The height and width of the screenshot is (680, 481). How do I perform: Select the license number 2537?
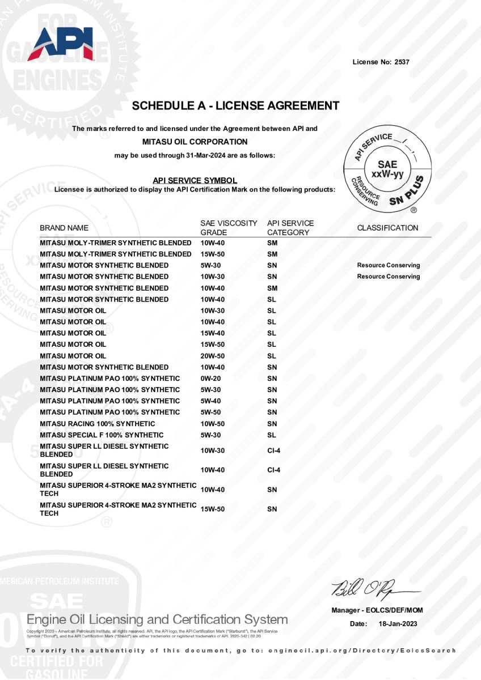pyautogui.click(x=401, y=62)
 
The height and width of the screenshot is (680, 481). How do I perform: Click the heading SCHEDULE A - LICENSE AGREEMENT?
pyautogui.click(x=235, y=106)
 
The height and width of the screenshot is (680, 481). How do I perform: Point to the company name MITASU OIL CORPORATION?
pyautogui.click(x=195, y=142)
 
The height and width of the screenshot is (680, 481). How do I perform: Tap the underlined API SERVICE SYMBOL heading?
pyautogui.click(x=195, y=180)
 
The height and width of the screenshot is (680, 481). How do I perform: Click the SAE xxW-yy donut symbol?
pyautogui.click(x=387, y=169)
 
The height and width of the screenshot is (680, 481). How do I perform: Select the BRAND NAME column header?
pyautogui.click(x=64, y=228)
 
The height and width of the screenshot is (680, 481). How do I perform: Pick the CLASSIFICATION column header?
pyautogui.click(x=387, y=228)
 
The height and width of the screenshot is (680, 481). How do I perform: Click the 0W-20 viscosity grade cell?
pyautogui.click(x=210, y=379)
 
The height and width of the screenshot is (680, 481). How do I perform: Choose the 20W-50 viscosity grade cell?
pyautogui.click(x=213, y=356)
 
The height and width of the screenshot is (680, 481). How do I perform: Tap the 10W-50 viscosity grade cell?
pyautogui.click(x=213, y=424)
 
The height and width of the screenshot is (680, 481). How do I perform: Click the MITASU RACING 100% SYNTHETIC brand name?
pyautogui.click(x=97, y=424)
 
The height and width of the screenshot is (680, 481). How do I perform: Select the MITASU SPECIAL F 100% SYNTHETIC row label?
pyautogui.click(x=102, y=435)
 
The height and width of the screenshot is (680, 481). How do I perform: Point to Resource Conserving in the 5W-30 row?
pyautogui.click(x=389, y=265)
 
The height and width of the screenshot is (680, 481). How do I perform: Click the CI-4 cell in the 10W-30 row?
pyautogui.click(x=273, y=450)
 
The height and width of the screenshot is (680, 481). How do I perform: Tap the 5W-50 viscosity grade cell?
pyautogui.click(x=210, y=413)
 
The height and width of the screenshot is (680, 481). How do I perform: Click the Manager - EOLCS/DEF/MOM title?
pyautogui.click(x=377, y=610)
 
